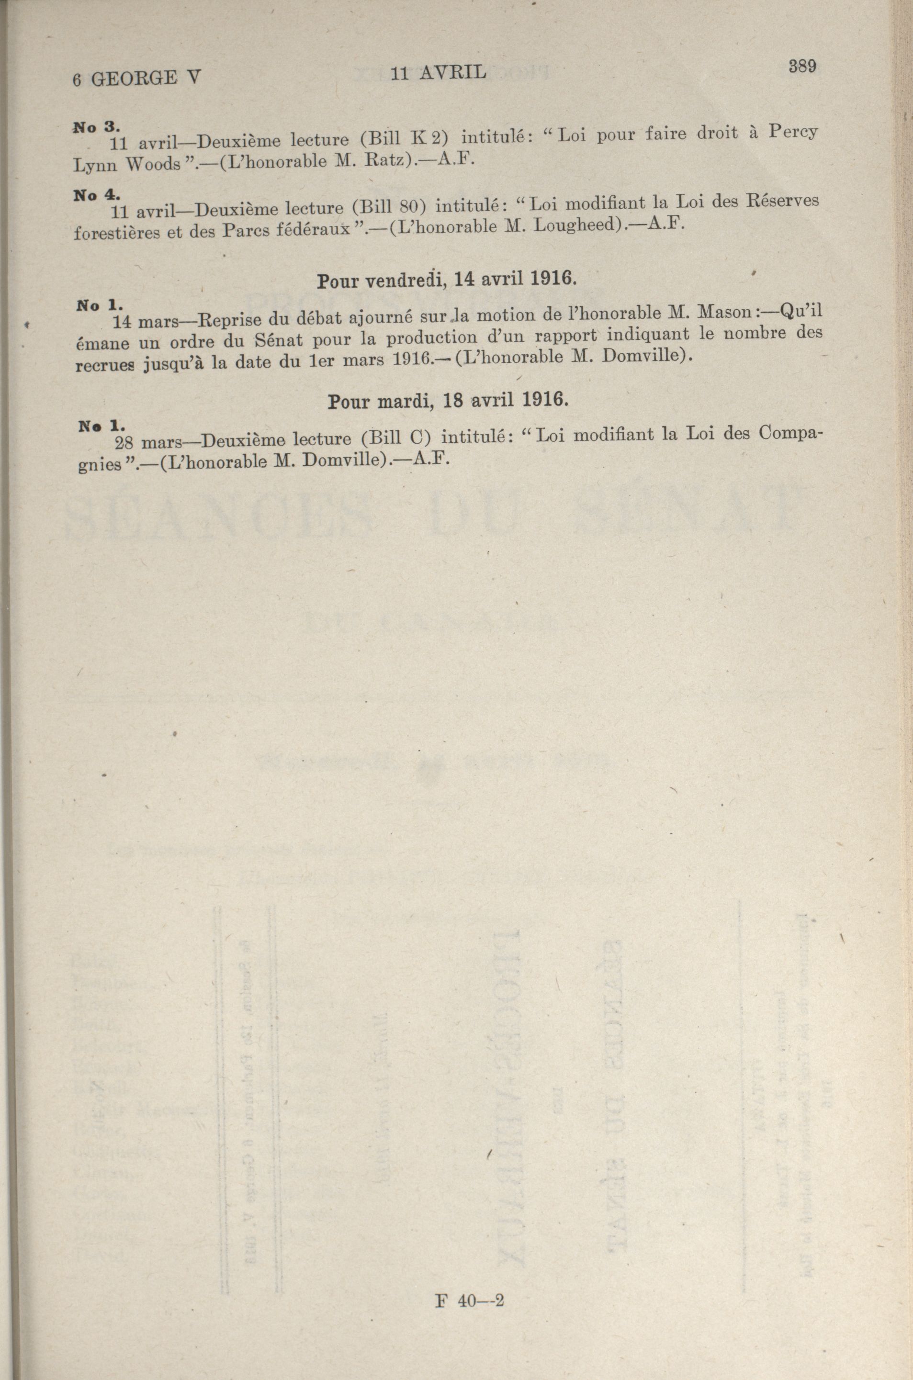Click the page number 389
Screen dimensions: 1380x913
[802, 66]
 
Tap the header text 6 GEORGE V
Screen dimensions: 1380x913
[136, 78]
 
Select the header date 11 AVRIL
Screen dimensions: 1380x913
[439, 72]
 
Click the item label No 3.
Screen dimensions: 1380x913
[96, 127]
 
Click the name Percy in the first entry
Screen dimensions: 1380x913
[792, 132]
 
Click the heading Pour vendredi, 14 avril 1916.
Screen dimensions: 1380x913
[447, 280]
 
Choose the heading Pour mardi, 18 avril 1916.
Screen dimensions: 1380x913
[447, 400]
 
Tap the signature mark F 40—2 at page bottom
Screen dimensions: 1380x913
[469, 1301]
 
